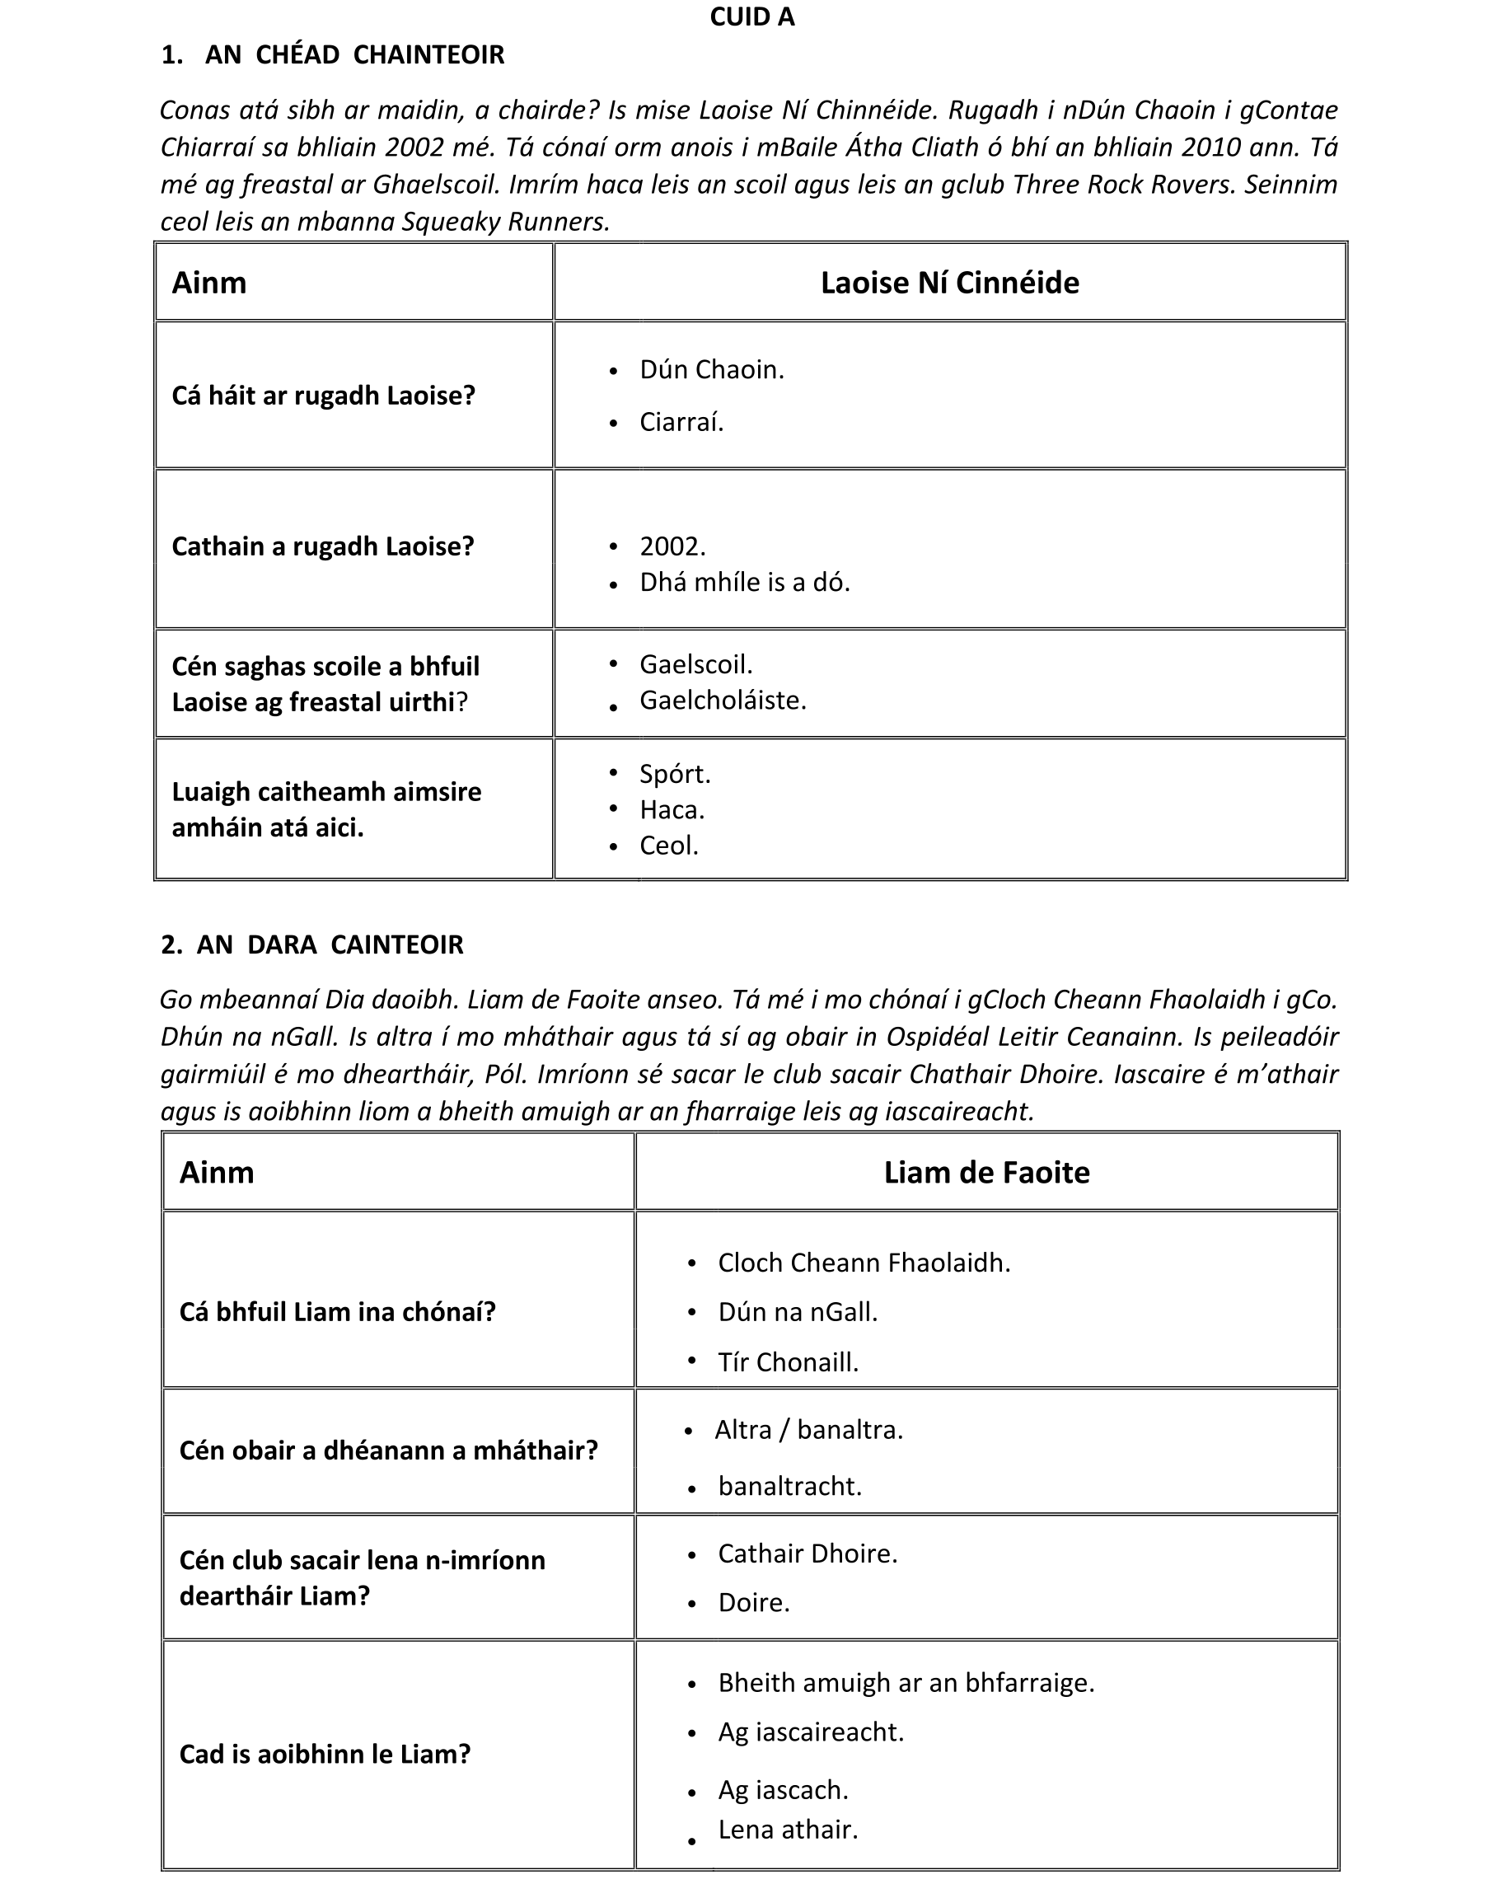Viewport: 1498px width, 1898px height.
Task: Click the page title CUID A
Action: click(751, 17)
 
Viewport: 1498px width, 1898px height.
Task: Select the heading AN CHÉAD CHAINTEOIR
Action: click(353, 55)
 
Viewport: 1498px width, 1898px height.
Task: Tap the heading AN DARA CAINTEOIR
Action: click(329, 944)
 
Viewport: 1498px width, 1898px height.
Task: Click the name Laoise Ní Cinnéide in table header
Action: click(949, 283)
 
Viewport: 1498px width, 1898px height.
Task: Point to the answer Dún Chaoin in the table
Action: click(711, 370)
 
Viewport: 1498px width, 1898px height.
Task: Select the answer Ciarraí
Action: click(681, 423)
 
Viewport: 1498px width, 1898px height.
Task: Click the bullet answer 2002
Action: click(672, 546)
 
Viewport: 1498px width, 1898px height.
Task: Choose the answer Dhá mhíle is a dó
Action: click(745, 583)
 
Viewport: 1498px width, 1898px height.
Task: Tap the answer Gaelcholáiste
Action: click(723, 700)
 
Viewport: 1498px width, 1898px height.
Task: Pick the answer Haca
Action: click(672, 809)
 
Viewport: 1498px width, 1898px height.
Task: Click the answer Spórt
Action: click(675, 774)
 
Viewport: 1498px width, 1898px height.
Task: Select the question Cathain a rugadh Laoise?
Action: click(323, 546)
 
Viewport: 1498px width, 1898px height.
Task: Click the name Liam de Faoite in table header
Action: click(985, 1173)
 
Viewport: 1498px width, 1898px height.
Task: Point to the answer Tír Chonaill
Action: click(788, 1362)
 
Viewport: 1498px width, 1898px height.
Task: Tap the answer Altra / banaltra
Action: click(808, 1430)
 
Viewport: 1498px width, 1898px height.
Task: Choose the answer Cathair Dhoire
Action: click(807, 1554)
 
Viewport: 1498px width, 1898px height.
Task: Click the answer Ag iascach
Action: click(784, 1789)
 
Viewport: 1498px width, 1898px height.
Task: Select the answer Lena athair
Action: click(788, 1829)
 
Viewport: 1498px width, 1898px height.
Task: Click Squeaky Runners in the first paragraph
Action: click(504, 222)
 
